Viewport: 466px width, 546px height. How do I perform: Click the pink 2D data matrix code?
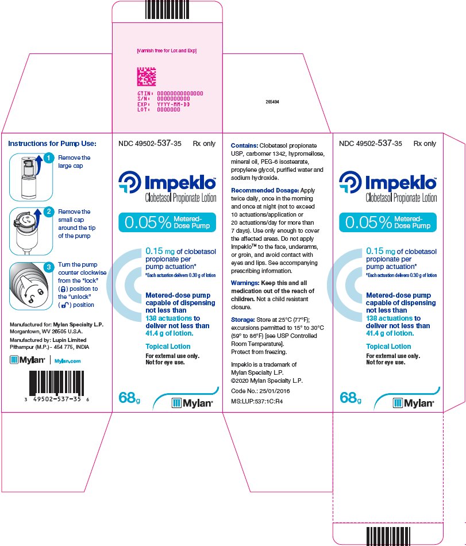tap(147, 76)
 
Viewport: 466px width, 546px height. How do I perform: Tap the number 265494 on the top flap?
tap(272, 102)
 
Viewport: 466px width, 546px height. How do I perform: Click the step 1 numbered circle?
tap(49, 158)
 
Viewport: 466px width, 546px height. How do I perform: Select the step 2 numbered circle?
tap(49, 212)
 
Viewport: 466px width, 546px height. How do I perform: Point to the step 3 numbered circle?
tap(49, 267)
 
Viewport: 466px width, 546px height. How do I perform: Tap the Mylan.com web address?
tap(68, 361)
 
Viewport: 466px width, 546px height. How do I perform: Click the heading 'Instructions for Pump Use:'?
tap(52, 144)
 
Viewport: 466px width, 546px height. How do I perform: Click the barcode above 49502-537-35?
tap(56, 383)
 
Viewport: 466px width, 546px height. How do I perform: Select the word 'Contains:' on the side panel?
tap(244, 145)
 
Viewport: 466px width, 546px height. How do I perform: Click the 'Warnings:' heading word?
tap(245, 283)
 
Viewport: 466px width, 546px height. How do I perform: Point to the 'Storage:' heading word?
tap(243, 320)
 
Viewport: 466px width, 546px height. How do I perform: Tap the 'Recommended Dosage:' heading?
tap(265, 190)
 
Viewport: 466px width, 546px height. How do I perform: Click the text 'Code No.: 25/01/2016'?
tap(260, 391)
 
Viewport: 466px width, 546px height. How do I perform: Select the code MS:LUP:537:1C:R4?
tap(257, 402)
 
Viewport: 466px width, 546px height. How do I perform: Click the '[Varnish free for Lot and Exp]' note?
tap(167, 51)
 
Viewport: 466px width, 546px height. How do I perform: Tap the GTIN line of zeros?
tap(170, 93)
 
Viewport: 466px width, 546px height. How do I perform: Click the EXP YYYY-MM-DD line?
tap(164, 104)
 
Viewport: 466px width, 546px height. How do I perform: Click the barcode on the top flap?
tap(167, 9)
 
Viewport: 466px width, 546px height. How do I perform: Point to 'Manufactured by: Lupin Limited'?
tap(48, 340)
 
